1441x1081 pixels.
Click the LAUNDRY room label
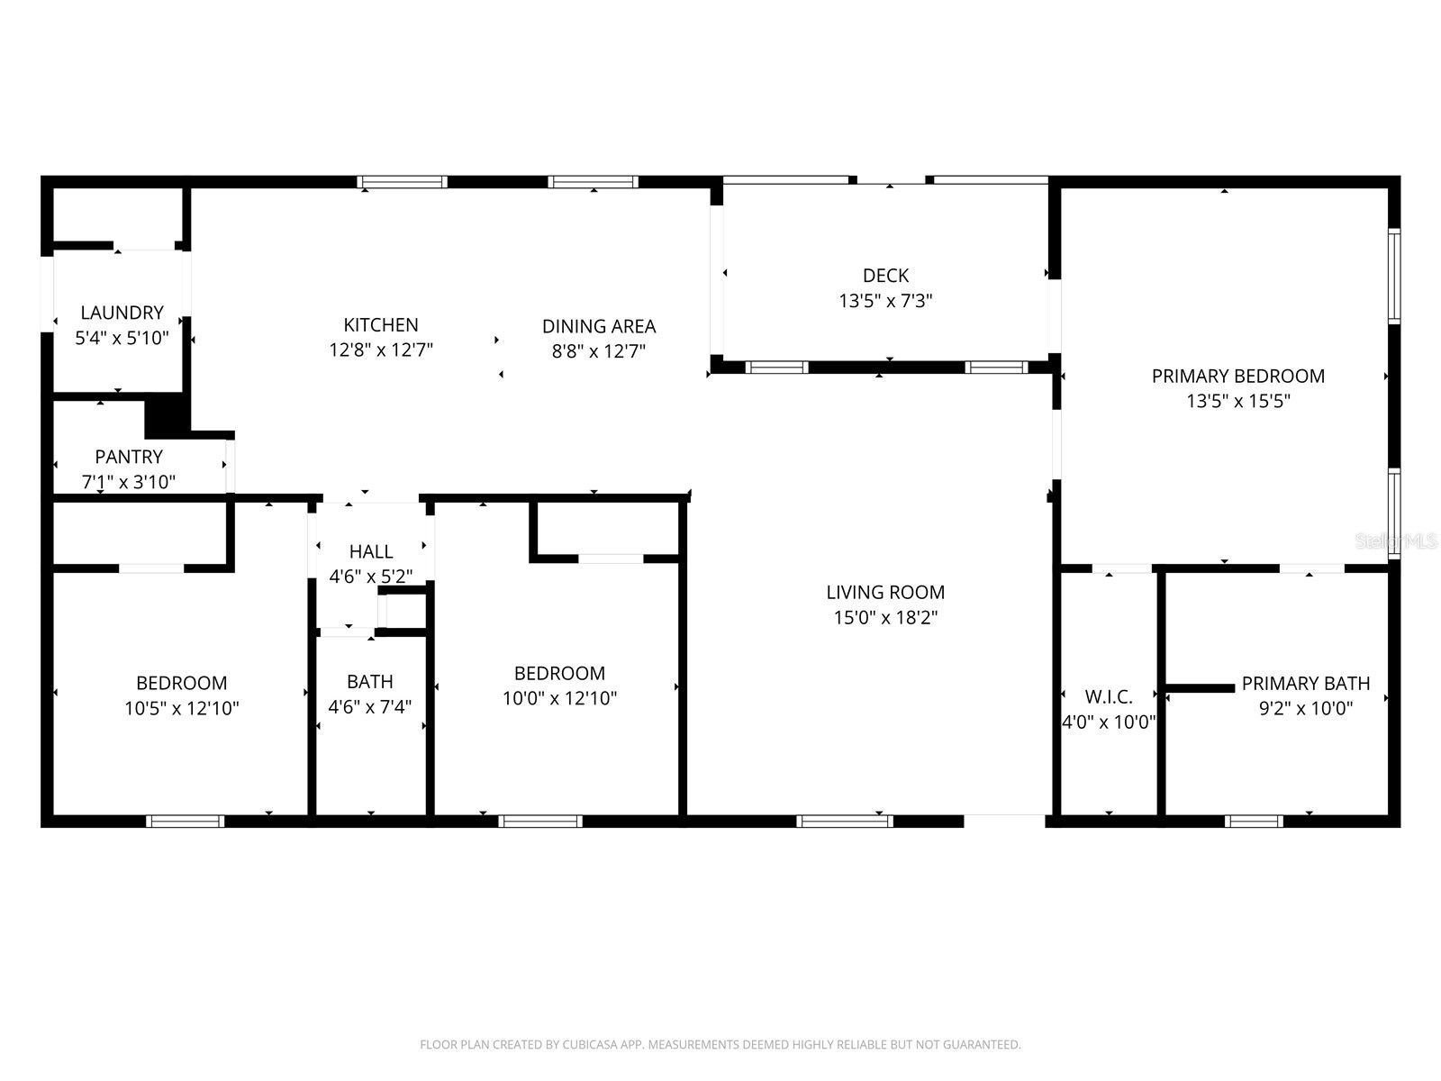tap(122, 313)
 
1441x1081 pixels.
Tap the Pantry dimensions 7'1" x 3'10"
tap(129, 482)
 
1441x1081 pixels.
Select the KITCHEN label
tap(380, 325)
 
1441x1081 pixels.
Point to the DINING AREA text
tap(598, 326)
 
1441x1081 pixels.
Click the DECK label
tap(885, 276)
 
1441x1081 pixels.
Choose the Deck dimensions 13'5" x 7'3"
tap(885, 301)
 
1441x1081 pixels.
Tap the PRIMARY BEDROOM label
tap(1237, 376)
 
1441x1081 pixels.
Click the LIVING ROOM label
tap(885, 592)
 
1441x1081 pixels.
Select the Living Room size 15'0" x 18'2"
tap(885, 617)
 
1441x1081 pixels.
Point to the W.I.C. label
tap(1108, 696)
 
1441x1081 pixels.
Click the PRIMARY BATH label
tap(1305, 683)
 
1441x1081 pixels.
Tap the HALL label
tap(370, 551)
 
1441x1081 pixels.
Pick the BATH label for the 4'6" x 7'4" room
tap(369, 681)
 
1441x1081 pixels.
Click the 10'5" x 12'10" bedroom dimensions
tap(181, 708)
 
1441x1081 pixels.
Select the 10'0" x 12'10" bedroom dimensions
tap(559, 698)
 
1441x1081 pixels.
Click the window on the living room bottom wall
tap(845, 821)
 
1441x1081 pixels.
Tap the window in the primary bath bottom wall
tap(1254, 821)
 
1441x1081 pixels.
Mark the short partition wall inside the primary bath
tap(1200, 688)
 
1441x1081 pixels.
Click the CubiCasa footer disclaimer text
tap(720, 1045)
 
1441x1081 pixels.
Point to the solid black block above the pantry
tap(166, 416)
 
